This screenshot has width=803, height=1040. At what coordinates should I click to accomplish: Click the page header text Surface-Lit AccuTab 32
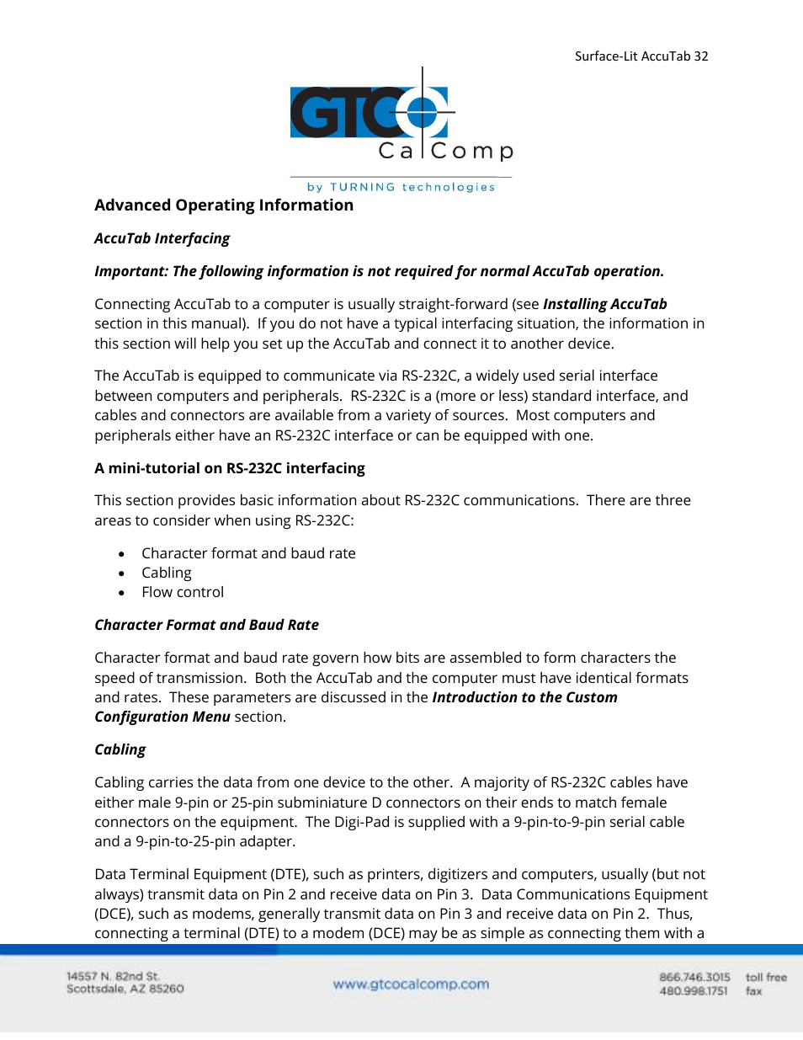[641, 56]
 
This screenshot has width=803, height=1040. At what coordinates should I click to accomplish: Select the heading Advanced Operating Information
[224, 205]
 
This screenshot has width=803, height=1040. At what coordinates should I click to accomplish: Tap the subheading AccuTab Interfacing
[162, 238]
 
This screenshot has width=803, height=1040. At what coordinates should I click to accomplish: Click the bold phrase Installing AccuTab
[604, 304]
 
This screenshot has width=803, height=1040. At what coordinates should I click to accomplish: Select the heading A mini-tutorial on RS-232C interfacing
[230, 468]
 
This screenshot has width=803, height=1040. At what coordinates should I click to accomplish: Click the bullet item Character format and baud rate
[248, 553]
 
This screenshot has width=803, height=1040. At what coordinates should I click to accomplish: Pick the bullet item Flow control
[183, 592]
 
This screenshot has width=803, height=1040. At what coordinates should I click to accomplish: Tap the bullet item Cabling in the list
[167, 573]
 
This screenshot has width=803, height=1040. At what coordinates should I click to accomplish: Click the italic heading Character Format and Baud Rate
[206, 625]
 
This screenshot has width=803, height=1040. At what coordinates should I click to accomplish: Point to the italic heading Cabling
[120, 749]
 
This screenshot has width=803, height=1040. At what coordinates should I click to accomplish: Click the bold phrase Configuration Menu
[162, 717]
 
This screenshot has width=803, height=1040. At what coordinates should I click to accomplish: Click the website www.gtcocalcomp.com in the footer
[411, 984]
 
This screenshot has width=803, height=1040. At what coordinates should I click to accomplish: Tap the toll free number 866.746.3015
[694, 977]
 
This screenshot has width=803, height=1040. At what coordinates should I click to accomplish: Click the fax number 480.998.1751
[693, 991]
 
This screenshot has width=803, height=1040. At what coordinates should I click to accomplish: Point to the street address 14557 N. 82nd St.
[113, 976]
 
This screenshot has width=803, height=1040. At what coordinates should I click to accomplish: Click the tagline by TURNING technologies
[401, 187]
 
